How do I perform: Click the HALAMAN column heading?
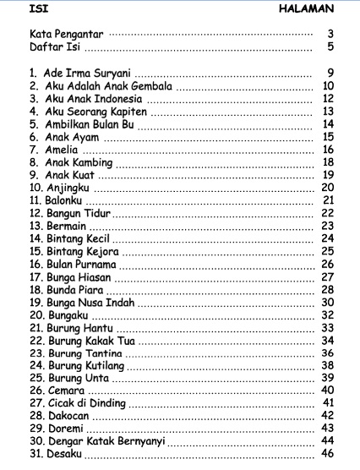tap(309, 9)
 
